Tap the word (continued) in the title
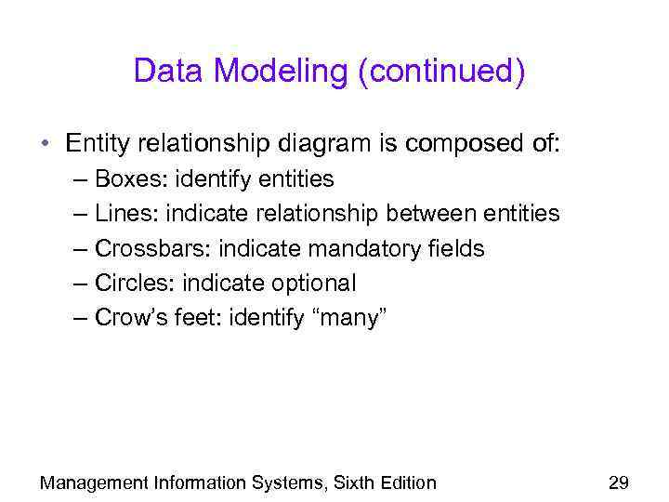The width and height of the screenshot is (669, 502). (x=438, y=73)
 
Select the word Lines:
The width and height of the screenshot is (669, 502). (x=126, y=214)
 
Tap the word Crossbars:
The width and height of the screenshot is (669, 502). (x=153, y=249)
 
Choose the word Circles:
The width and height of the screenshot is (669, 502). (x=134, y=284)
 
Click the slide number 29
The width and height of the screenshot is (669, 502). (x=618, y=482)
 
